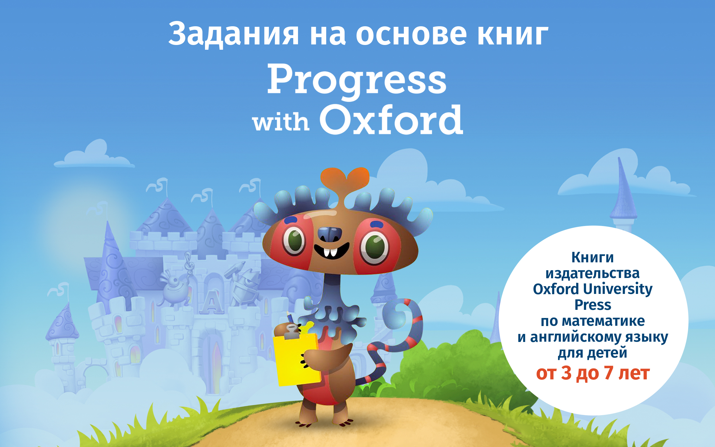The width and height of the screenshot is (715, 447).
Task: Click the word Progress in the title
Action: [x=357, y=80]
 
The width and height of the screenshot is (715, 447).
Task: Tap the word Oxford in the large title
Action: [x=391, y=120]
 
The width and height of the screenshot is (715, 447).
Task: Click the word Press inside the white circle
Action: [x=593, y=305]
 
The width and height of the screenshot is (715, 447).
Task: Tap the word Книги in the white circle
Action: [x=592, y=258]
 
